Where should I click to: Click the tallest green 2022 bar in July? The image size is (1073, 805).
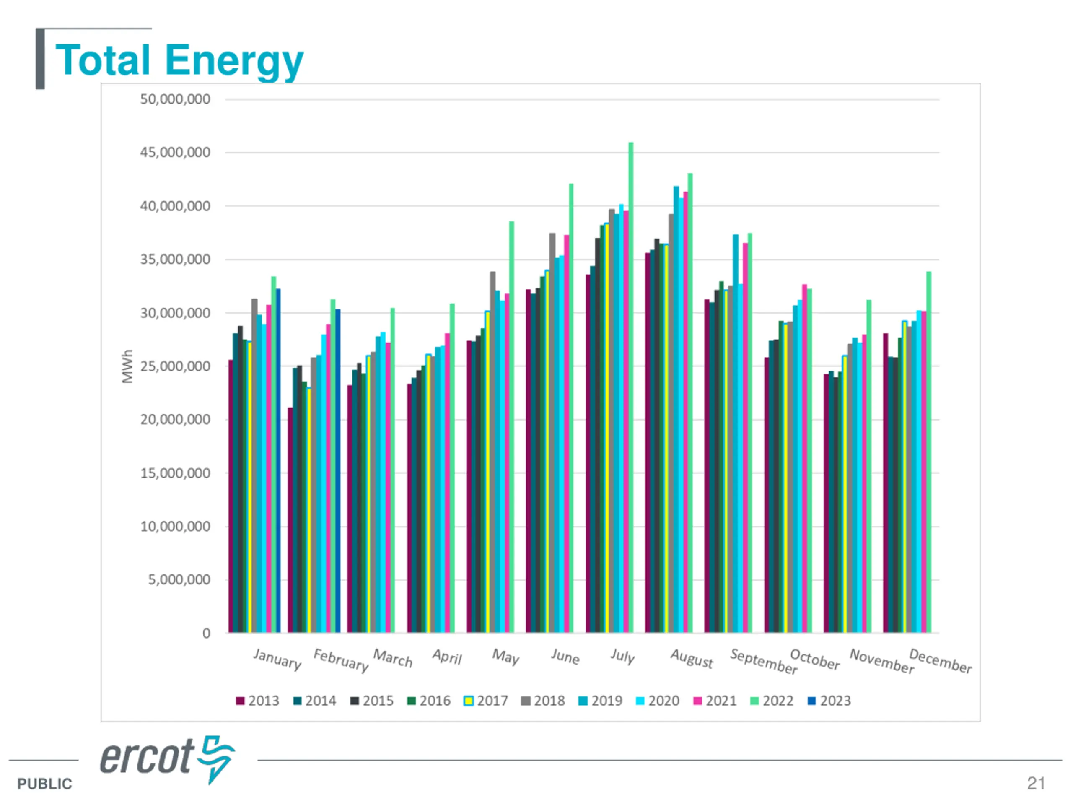click(x=631, y=388)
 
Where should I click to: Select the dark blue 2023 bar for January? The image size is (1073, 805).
click(x=278, y=461)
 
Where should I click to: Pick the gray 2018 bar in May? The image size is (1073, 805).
click(x=493, y=451)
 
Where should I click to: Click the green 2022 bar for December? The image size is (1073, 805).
click(x=929, y=451)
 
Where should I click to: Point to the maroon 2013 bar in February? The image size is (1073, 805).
click(x=290, y=519)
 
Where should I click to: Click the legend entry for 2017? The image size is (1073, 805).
click(x=486, y=701)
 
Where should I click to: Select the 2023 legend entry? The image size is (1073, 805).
click(x=829, y=701)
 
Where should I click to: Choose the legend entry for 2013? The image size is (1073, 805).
click(x=258, y=701)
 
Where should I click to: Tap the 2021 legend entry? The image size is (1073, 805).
click(x=715, y=701)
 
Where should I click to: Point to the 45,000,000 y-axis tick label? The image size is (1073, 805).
click(x=175, y=152)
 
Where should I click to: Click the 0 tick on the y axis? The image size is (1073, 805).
click(x=206, y=633)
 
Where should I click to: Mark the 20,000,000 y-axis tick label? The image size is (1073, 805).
click(x=175, y=419)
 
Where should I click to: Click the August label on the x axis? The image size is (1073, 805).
click(x=692, y=658)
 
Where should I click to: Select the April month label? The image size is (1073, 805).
click(x=447, y=657)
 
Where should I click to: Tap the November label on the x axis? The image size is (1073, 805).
click(x=881, y=661)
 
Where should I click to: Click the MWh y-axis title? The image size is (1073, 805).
click(x=127, y=366)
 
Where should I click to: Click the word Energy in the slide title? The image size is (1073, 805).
click(x=234, y=61)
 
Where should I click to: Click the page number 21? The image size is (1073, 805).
click(x=1036, y=783)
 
